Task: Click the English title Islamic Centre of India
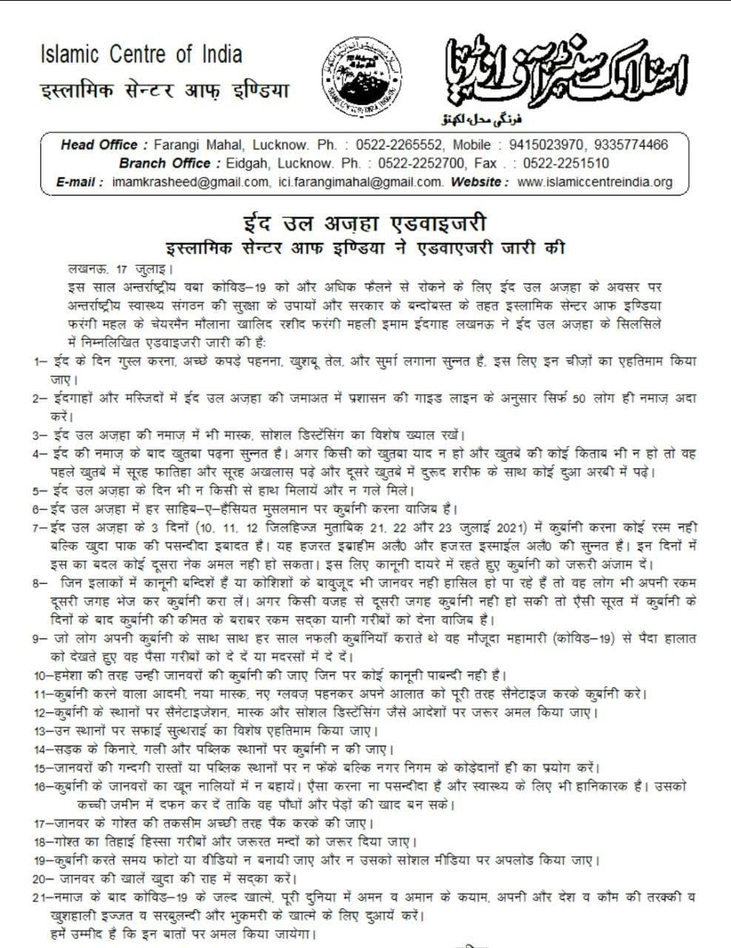click(141, 54)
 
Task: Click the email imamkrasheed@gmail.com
click(191, 181)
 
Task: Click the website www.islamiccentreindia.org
click(595, 181)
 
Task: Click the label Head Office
click(99, 145)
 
